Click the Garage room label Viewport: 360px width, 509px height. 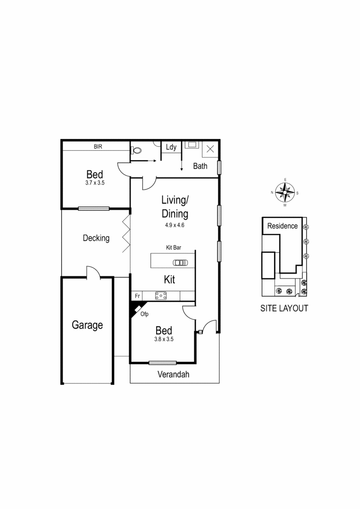pos(87,325)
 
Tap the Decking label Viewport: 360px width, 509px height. pos(96,238)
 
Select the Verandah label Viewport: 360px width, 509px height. pos(173,374)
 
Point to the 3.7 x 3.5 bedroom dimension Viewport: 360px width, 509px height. pos(94,183)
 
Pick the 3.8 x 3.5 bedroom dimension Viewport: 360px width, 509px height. pos(164,339)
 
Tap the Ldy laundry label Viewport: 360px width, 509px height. pos(171,147)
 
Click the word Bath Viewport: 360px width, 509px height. pos(200,166)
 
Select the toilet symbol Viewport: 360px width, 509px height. pos(137,150)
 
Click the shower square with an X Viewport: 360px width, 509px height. pos(210,149)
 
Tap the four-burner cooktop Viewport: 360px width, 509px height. pos(161,295)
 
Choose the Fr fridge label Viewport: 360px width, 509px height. pos(137,296)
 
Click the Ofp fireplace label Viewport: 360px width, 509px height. pos(144,314)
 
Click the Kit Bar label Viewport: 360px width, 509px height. pos(173,247)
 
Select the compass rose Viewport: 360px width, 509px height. pos(285,192)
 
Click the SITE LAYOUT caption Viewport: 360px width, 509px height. pos(284,308)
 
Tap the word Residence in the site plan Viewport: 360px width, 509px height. pos(282,226)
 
